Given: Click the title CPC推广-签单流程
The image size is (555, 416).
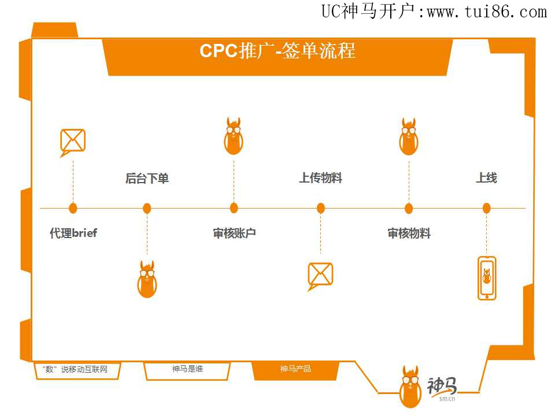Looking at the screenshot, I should point(277,51).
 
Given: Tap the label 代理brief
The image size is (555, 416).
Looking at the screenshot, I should point(73,233).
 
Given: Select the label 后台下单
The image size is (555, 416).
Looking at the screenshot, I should point(147,179).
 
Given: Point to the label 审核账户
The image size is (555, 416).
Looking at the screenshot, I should point(234,233).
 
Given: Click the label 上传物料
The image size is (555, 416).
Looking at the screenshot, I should point(320,179).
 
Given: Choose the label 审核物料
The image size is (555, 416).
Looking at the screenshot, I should point(409,233).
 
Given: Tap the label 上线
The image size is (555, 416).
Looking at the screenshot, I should point(486,179).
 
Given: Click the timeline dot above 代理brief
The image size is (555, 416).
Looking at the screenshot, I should point(73,208).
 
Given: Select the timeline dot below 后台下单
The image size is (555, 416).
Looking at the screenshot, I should point(147,208).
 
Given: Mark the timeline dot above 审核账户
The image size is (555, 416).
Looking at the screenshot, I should point(234,208).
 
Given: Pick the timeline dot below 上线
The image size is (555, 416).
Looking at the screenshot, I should point(486,208).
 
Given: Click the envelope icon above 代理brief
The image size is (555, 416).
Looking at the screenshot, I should point(72,142).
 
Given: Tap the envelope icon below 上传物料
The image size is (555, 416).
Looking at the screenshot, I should point(320,275).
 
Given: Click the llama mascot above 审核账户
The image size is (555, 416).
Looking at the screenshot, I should point(234,136).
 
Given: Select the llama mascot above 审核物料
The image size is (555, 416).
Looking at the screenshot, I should point(409,136).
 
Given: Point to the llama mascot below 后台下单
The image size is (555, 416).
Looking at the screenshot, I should point(147,278).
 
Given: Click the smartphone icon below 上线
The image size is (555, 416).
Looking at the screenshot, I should point(487,278).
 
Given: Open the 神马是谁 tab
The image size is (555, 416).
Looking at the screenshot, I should point(187,369).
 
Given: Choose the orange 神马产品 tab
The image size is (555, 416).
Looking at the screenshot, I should point(295,369).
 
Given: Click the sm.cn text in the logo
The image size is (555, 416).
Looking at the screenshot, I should point(447,398).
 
